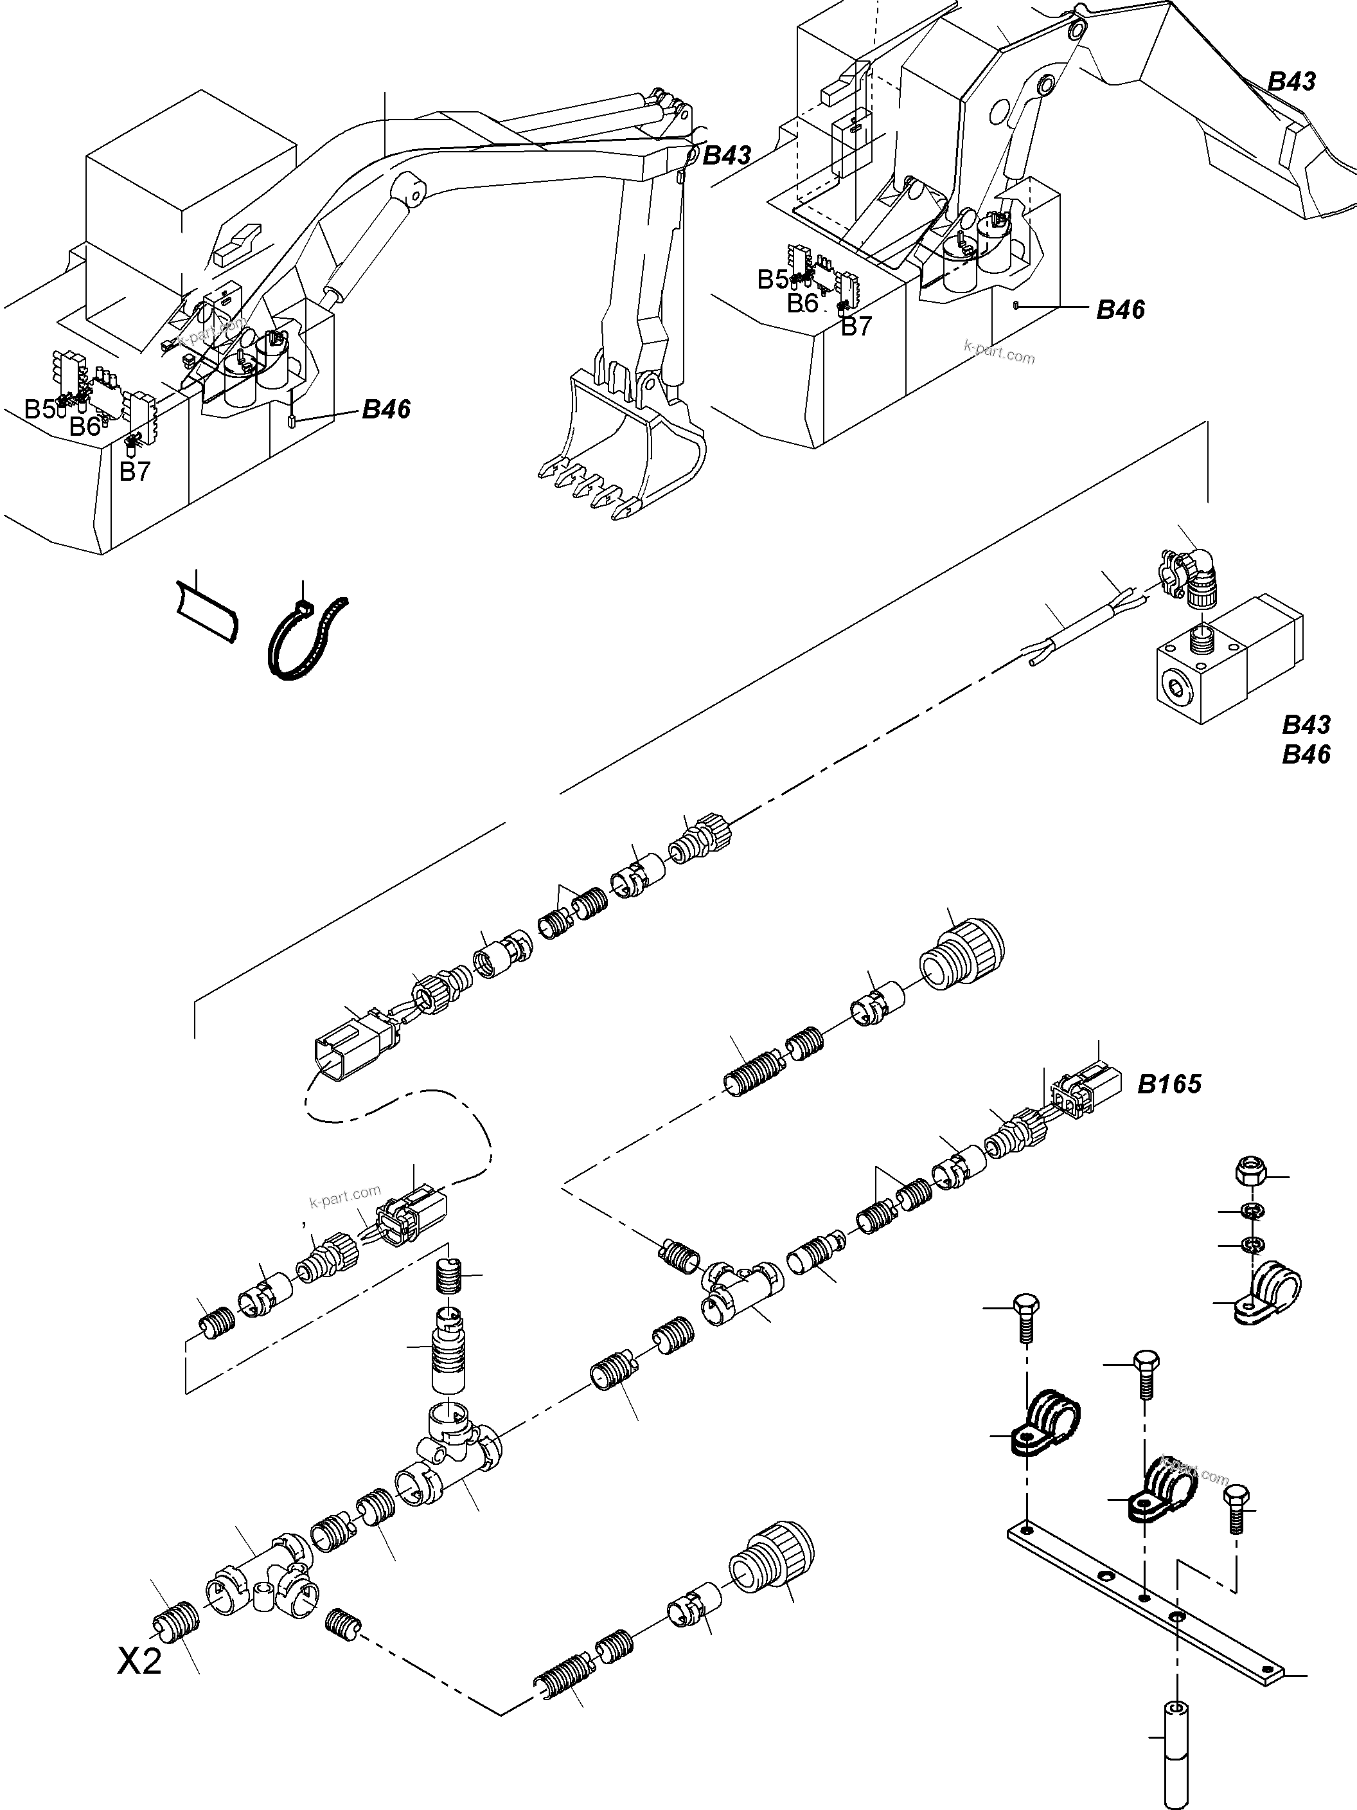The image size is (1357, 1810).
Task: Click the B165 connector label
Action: [1169, 1085]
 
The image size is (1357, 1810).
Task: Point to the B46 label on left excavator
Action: [386, 410]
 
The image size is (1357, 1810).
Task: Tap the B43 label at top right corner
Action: [1291, 81]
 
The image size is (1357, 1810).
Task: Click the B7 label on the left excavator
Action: [135, 472]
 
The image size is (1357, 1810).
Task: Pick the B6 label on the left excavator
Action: [84, 426]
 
